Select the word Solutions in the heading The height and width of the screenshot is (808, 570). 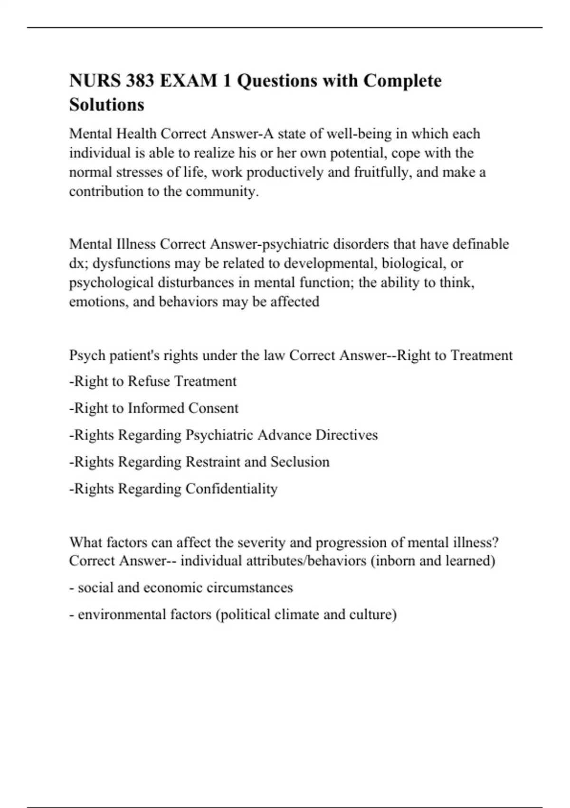[106, 104]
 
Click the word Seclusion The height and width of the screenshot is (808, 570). [300, 462]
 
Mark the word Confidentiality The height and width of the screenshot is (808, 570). [231, 489]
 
